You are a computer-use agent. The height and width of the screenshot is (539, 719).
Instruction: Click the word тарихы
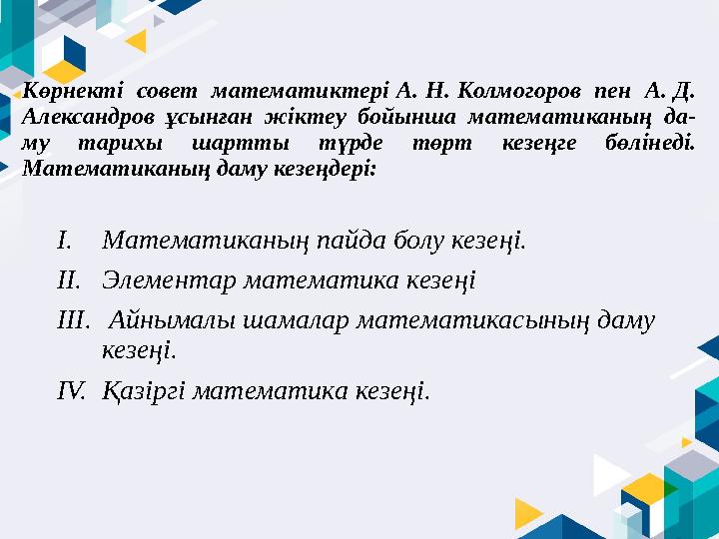pos(126,144)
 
